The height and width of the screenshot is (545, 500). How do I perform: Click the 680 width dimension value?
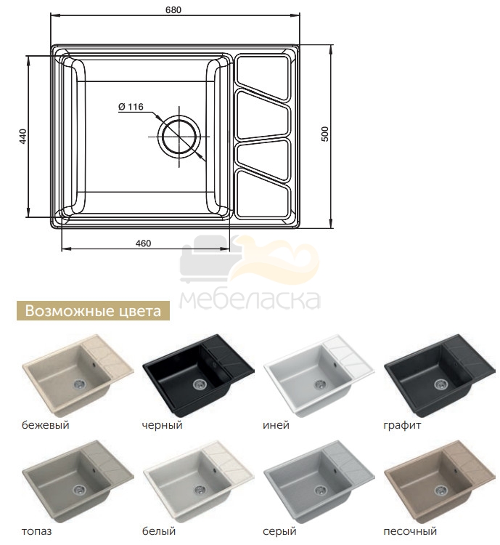[173, 9]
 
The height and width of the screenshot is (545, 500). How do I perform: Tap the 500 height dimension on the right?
[324, 134]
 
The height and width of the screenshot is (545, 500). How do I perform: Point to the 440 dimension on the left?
[22, 137]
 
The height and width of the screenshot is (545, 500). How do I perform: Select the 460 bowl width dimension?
[143, 243]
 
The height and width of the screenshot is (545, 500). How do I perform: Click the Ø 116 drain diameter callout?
[131, 107]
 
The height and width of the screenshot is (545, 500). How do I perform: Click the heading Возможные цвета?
[93, 311]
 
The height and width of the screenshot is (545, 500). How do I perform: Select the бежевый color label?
[46, 425]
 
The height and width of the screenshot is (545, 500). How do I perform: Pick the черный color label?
[162, 425]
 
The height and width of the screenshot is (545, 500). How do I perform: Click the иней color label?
[276, 425]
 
